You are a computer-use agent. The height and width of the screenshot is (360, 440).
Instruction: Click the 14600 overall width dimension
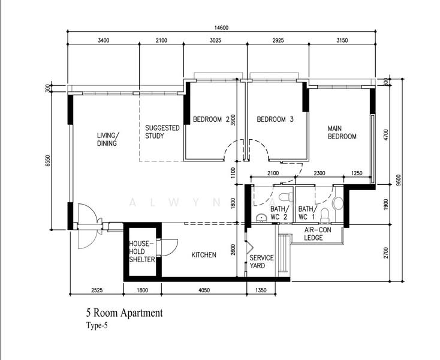(221, 28)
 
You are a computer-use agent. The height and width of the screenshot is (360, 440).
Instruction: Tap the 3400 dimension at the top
(104, 40)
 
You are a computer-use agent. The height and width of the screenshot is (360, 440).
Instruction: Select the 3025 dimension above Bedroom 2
(216, 40)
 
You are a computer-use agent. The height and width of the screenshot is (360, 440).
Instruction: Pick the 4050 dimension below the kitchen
(204, 290)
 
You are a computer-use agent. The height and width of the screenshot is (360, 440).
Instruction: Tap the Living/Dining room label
(108, 139)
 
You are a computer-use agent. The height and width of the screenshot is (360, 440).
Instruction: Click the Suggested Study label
(162, 132)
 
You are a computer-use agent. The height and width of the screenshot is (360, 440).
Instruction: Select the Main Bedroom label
(342, 133)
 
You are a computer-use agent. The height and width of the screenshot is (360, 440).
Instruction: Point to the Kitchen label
(204, 255)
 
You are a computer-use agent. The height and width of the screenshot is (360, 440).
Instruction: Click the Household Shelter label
(141, 251)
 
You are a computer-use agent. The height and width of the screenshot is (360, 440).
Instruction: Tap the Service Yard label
(261, 262)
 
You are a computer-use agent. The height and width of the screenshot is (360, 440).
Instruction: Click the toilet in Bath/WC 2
(286, 196)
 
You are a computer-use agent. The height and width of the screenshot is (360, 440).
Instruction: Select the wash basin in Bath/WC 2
(261, 218)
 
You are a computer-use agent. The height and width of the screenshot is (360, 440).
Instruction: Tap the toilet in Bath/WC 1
(325, 215)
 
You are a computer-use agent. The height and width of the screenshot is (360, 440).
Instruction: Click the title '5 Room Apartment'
(124, 313)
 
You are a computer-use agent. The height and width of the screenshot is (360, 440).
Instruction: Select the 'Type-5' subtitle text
(97, 326)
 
